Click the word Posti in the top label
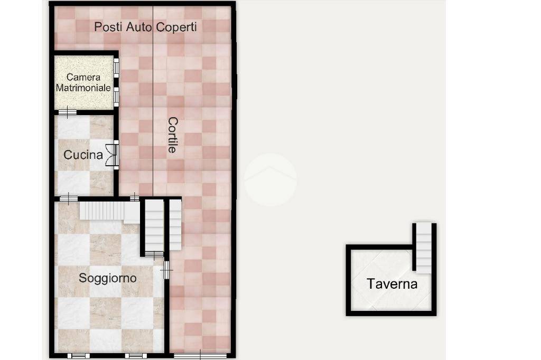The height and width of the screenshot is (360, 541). (x=108, y=27)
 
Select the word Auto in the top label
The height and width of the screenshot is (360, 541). (x=139, y=27)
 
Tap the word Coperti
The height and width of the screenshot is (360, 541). (x=176, y=27)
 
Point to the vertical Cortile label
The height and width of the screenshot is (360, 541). (x=173, y=135)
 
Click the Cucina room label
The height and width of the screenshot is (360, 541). (x=83, y=155)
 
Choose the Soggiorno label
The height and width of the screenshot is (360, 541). (x=108, y=278)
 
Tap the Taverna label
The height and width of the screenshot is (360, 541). (x=392, y=284)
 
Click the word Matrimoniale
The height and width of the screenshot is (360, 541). (x=83, y=88)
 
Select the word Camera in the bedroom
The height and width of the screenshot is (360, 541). (x=83, y=77)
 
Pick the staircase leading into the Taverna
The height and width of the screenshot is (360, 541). (x=423, y=247)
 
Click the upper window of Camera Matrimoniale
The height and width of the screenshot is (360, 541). (x=116, y=68)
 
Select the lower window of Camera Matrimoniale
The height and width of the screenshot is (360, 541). (x=116, y=97)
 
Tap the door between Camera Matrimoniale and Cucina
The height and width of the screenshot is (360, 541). (x=67, y=112)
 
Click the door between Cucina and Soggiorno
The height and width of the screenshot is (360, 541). (x=68, y=198)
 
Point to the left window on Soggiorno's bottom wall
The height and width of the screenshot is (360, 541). (x=78, y=356)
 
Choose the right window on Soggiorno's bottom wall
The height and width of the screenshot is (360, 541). (x=136, y=356)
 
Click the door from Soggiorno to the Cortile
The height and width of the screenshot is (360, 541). (x=166, y=270)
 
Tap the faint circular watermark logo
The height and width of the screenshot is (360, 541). (x=270, y=179)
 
